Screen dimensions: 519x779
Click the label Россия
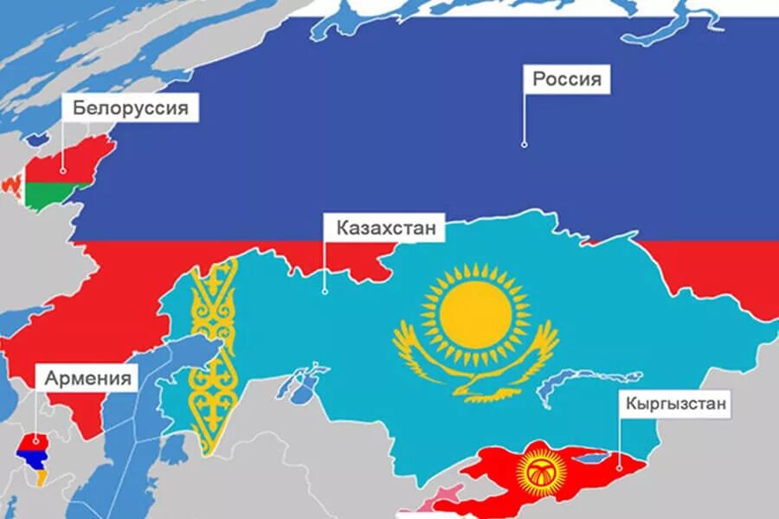[x=566, y=80]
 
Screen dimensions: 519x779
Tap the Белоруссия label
[x=130, y=109]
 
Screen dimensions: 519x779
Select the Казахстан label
[x=379, y=228]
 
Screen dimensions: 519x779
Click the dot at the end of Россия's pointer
[x=524, y=144]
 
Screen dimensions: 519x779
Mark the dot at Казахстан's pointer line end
[x=325, y=292]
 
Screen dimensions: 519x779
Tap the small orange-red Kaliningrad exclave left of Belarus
[x=11, y=184]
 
